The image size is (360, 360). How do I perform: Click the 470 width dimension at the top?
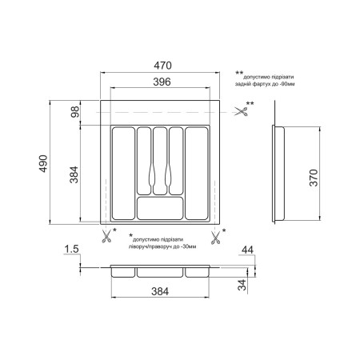click(x=162, y=66)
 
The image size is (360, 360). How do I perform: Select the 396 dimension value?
click(x=162, y=82)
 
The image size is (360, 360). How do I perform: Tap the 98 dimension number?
click(x=75, y=112)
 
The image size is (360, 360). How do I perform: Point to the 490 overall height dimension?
click(x=43, y=163)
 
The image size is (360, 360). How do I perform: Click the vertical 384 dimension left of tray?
click(x=74, y=174)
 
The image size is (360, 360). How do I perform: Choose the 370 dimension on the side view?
click(x=314, y=178)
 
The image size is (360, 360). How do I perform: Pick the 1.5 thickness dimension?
click(x=72, y=249)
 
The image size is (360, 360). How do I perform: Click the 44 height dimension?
click(x=247, y=250)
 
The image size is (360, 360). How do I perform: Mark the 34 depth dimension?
click(x=242, y=285)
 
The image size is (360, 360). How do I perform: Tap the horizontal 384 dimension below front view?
click(x=160, y=292)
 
